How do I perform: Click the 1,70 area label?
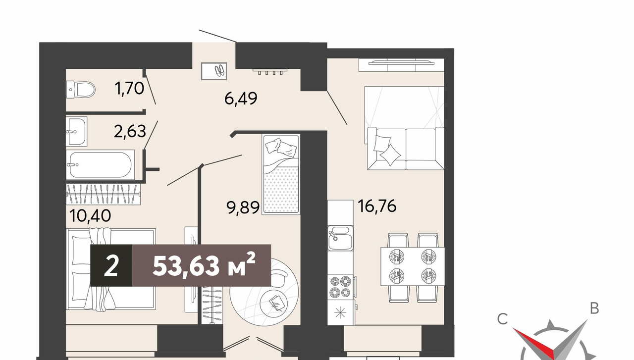129,88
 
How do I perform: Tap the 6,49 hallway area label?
241,99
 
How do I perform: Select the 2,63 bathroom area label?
130,131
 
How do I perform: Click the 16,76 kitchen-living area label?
377,206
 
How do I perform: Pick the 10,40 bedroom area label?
90,216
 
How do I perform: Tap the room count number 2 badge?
111,265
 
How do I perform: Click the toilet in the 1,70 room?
81,90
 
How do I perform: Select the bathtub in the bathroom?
101,165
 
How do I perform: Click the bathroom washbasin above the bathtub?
76,131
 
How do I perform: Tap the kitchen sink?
340,238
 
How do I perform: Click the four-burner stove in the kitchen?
340,287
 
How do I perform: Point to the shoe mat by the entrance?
214,71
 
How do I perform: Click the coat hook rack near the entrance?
270,71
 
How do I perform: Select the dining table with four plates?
413,266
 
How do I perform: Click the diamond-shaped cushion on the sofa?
390,154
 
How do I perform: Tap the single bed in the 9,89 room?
281,174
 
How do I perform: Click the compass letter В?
594,308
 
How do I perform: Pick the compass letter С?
503,319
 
